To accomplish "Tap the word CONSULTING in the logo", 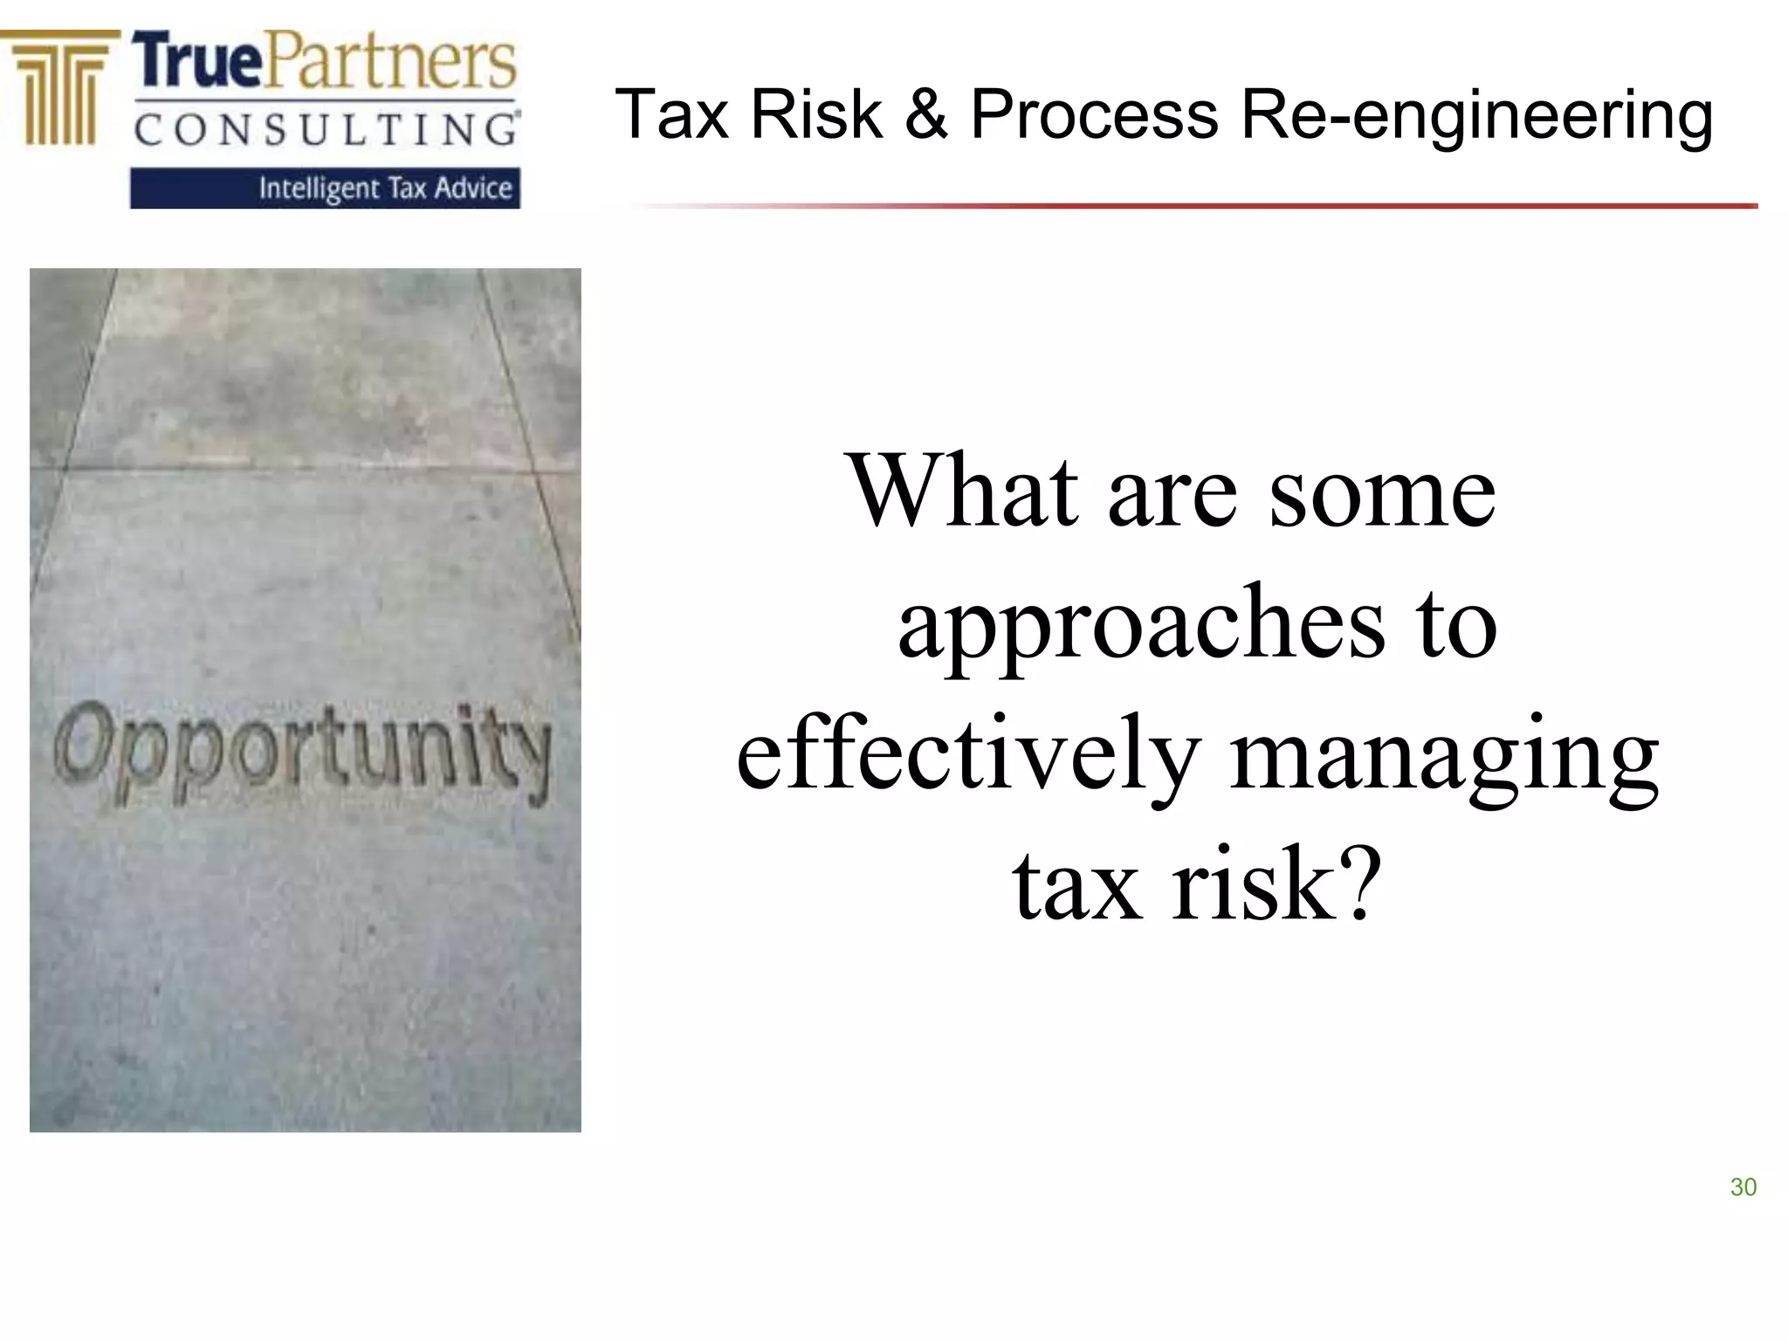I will [325, 130].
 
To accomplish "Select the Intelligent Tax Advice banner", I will [325, 189].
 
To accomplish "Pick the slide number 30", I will [1743, 1187].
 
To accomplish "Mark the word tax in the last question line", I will [1077, 885].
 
